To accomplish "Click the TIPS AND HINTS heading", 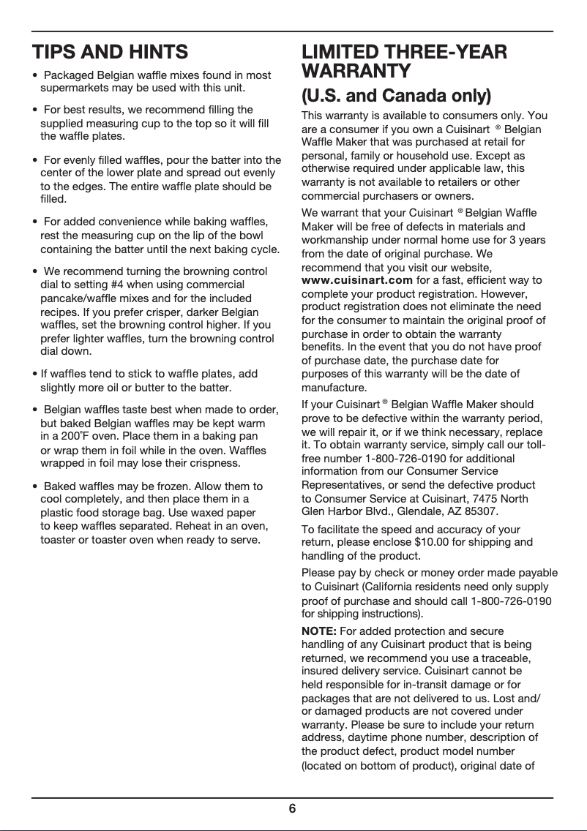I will (110, 52).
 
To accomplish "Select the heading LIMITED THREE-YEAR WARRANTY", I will (405, 62).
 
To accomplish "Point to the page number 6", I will (292, 808).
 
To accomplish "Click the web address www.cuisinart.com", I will (356, 280).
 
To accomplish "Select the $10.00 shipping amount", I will (430, 542).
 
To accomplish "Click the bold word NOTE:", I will (319, 631).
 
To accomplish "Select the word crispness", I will (205, 464).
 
